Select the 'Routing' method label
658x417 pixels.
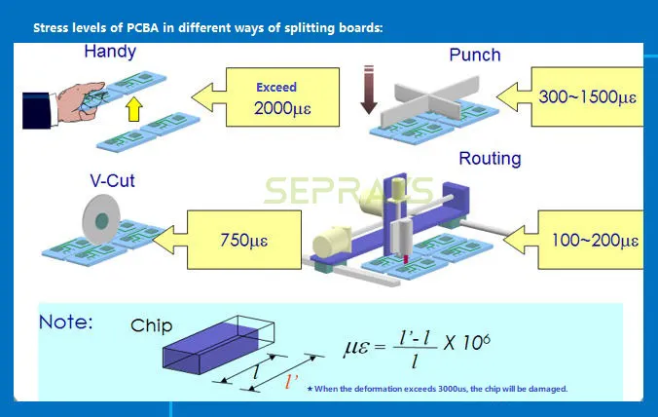click(490, 158)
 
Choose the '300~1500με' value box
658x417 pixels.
click(587, 96)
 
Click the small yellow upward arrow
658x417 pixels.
click(134, 108)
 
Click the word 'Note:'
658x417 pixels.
click(66, 322)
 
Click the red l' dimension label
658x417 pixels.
click(290, 383)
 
